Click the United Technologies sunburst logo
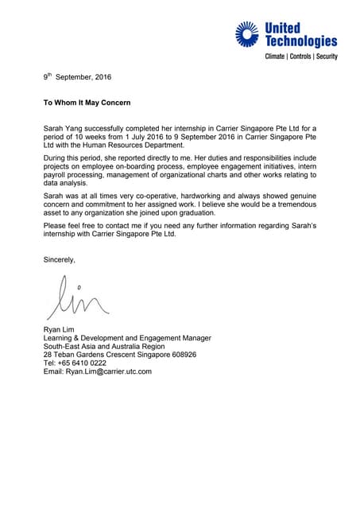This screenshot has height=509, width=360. pyautogui.click(x=246, y=34)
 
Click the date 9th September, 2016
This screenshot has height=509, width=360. pyautogui.click(x=77, y=77)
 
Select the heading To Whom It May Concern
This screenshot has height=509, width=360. pyautogui.click(x=87, y=103)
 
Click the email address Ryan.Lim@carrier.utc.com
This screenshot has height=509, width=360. pyautogui.click(x=108, y=371)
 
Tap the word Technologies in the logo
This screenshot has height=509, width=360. pyautogui.click(x=300, y=41)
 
